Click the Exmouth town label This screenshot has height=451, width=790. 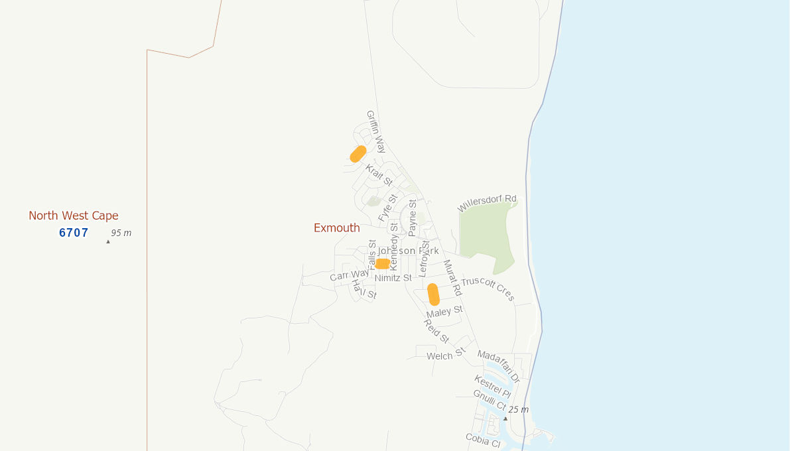click(x=336, y=228)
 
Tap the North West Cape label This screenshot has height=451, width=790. click(x=74, y=216)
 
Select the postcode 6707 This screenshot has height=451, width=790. click(x=74, y=233)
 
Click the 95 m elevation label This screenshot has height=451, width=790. click(x=121, y=233)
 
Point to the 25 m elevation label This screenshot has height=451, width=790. click(x=518, y=409)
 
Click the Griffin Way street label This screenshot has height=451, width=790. click(x=376, y=131)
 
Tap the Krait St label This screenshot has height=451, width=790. click(x=379, y=175)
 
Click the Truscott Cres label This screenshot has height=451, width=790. click(x=488, y=289)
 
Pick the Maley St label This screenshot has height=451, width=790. click(x=444, y=312)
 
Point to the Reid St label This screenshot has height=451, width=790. click(x=436, y=331)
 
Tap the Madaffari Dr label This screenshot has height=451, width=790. click(x=498, y=366)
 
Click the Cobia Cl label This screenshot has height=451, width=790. click(x=483, y=440)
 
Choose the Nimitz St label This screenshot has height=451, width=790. click(x=393, y=278)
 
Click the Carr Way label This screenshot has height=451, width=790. click(x=350, y=275)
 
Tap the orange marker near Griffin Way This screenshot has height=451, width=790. click(x=358, y=154)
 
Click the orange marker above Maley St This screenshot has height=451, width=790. click(x=433, y=294)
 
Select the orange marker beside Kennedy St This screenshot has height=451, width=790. click(x=382, y=264)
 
